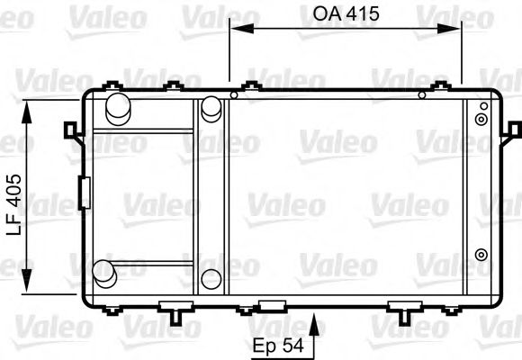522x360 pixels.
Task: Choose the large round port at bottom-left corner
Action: coord(105,272)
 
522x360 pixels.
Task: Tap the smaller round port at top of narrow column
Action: coord(211,108)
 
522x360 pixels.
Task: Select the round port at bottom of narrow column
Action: coord(211,278)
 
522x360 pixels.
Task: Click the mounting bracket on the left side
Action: coord(70,130)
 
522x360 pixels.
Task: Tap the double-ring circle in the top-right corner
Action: coord(482,117)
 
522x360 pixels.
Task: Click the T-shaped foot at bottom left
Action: coord(174,310)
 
